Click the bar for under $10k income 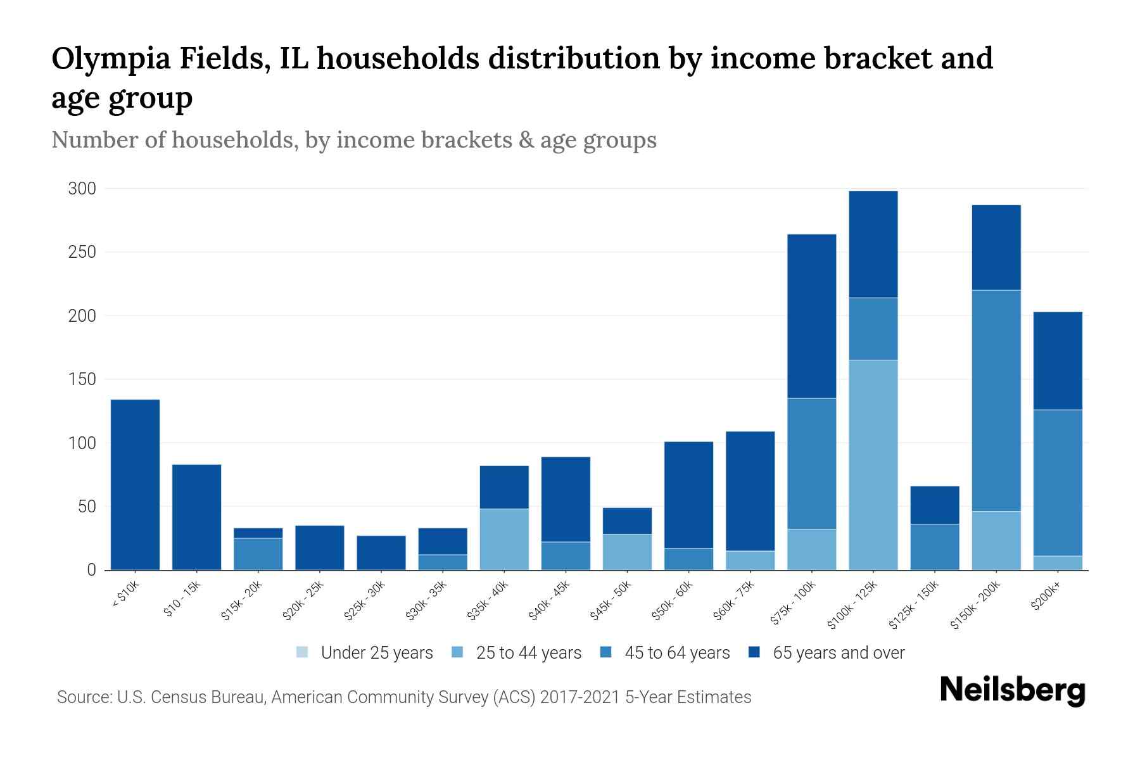(135, 484)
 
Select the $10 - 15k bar (196, 517)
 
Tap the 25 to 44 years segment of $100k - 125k (873, 465)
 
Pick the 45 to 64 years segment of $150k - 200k (996, 400)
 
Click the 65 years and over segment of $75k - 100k (811, 316)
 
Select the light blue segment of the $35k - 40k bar (504, 539)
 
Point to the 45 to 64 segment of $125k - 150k (935, 547)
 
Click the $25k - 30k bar (381, 552)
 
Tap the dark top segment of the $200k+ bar (1058, 360)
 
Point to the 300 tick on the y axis (82, 189)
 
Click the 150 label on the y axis (82, 379)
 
